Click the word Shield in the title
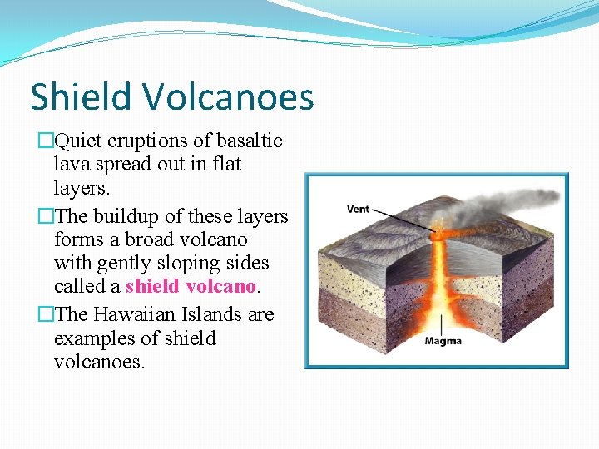[82, 97]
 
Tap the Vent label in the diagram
[358, 209]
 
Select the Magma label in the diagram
[443, 341]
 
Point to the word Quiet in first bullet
[80, 141]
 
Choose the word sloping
[208, 264]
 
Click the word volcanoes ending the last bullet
[99, 363]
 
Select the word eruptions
[155, 141]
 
